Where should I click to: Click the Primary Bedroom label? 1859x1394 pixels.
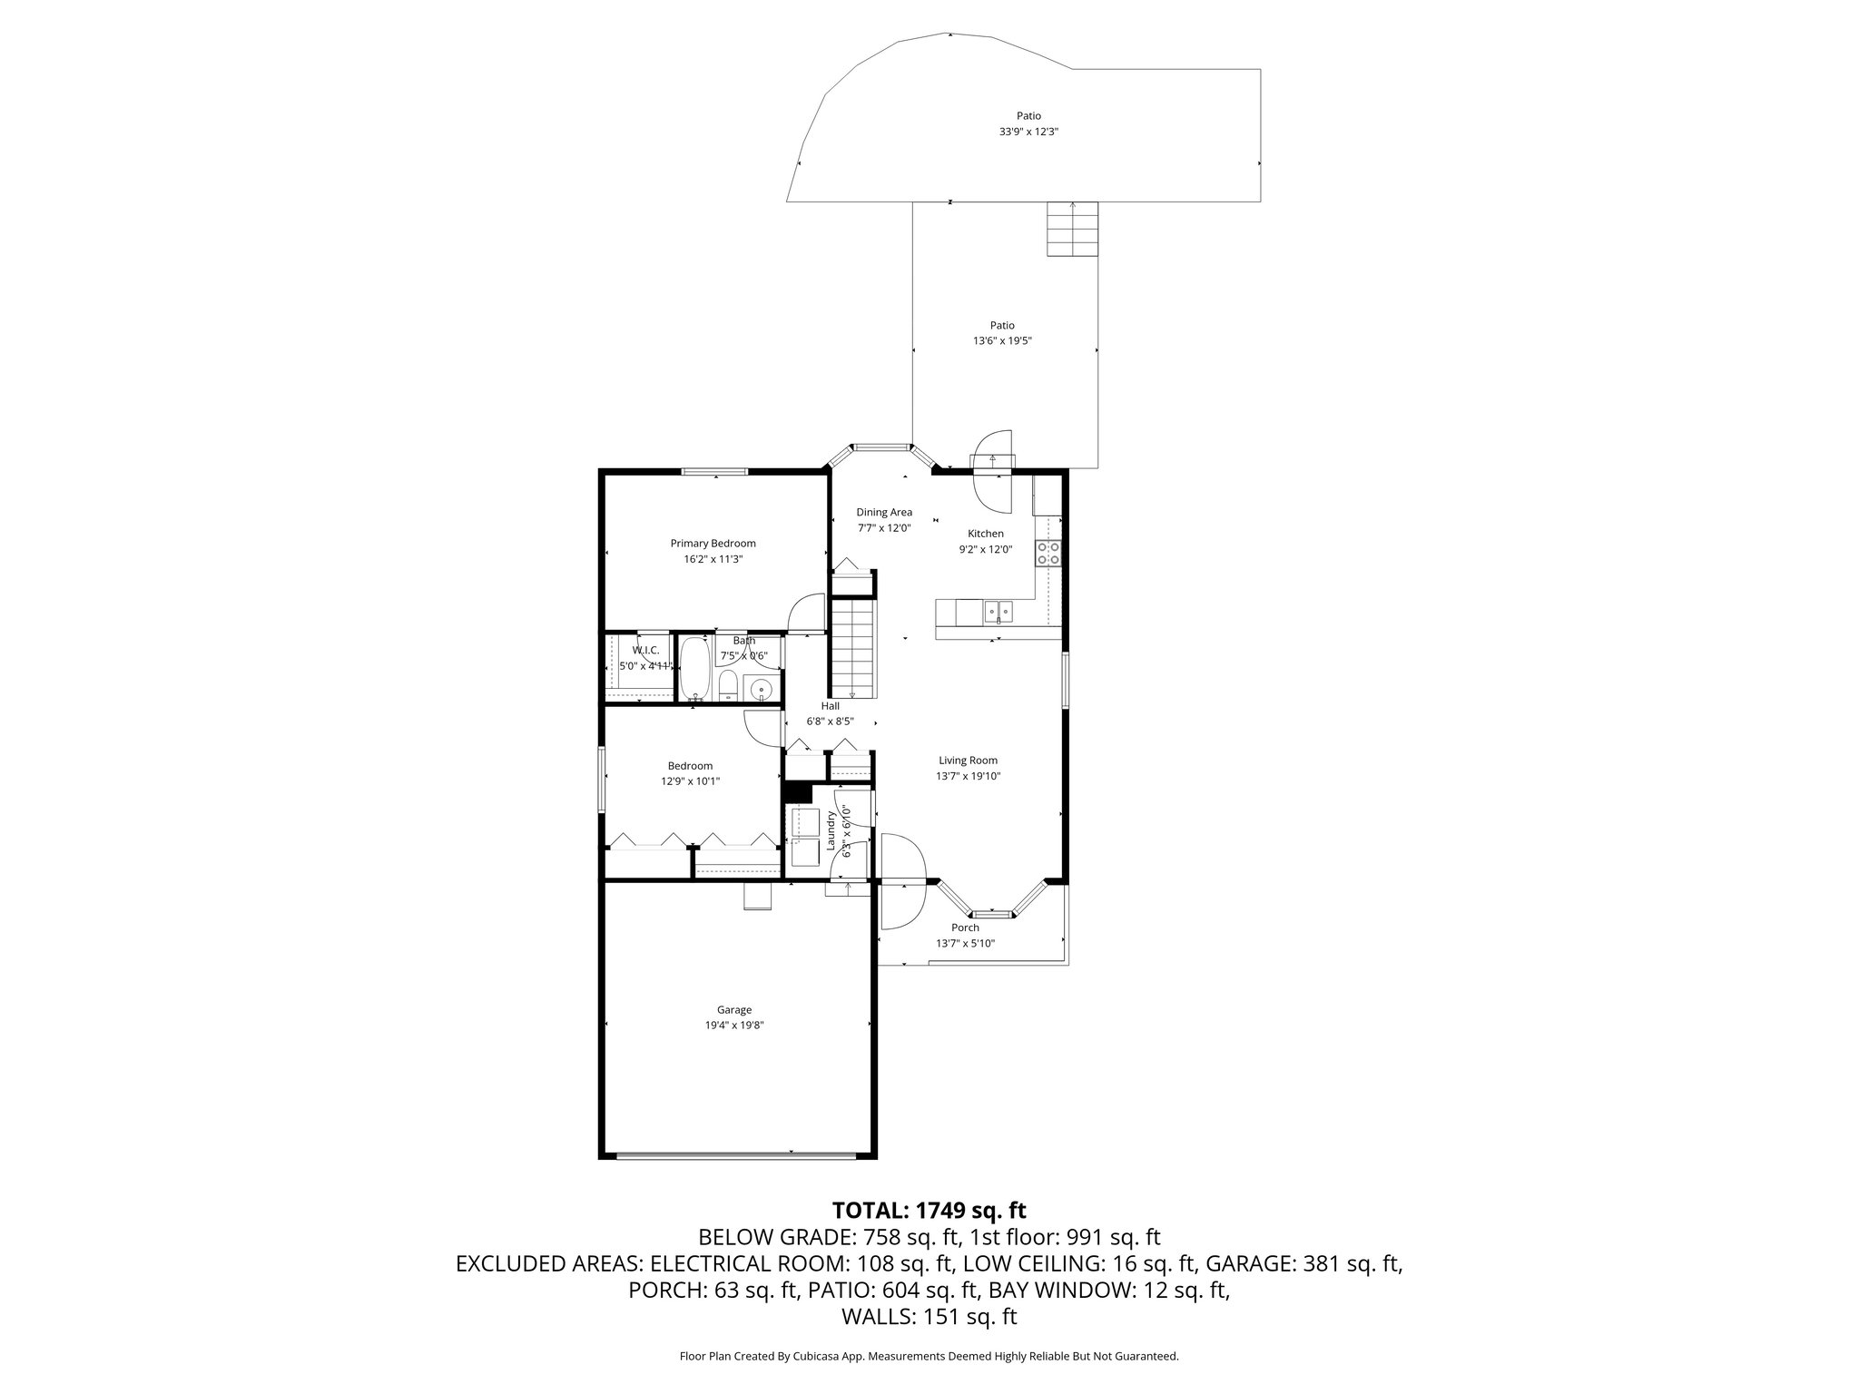[713, 544]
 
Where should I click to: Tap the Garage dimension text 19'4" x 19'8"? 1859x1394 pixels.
[734, 1025]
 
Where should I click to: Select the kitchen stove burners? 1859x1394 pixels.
[1051, 553]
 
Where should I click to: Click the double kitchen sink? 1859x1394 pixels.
[999, 613]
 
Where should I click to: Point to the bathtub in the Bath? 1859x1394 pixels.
[695, 671]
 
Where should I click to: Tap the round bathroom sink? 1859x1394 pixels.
[761, 688]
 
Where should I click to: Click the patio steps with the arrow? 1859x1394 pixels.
[1073, 229]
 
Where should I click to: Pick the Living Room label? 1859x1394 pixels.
[968, 761]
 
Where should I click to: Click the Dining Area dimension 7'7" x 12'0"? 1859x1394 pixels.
[884, 528]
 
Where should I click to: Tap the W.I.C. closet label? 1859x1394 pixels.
[645, 651]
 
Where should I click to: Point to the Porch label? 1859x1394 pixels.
[965, 928]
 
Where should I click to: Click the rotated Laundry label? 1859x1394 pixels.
[831, 830]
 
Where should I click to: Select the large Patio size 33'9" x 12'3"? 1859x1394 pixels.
[1028, 132]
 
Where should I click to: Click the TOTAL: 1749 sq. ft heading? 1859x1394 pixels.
[929, 1210]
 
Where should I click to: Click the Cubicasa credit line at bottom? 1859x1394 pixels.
[929, 1356]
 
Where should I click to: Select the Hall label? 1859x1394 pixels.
[830, 706]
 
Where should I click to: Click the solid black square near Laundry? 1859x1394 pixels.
[796, 792]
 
